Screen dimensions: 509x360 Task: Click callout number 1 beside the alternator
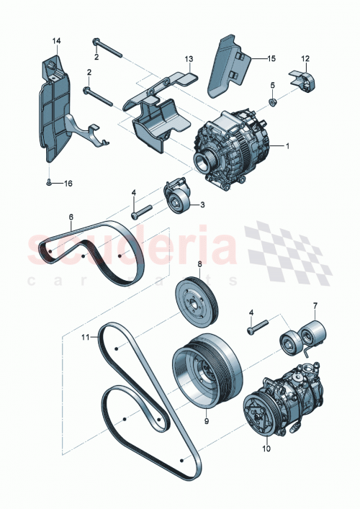pyautogui.click(x=287, y=146)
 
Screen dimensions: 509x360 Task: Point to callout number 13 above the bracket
pyautogui.click(x=189, y=58)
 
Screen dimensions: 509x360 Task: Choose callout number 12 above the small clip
pyautogui.click(x=305, y=58)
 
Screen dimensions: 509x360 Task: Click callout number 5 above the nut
pyautogui.click(x=273, y=86)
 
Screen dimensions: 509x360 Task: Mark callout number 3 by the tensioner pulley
pyautogui.click(x=202, y=204)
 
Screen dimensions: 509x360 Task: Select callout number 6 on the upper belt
pyautogui.click(x=71, y=216)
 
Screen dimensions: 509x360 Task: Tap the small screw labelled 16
pyautogui.click(x=48, y=184)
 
